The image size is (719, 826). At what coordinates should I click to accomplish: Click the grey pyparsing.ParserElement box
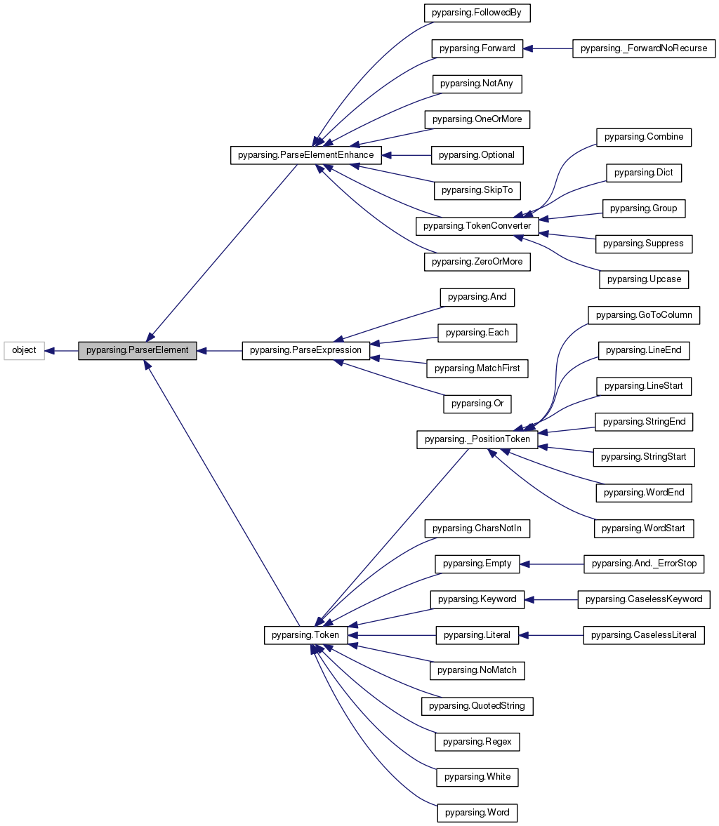tap(137, 350)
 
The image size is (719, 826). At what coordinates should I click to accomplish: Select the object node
tap(24, 350)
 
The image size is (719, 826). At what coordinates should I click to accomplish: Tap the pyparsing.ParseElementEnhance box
tap(306, 155)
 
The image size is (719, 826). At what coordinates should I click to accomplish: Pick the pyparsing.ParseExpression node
tap(305, 350)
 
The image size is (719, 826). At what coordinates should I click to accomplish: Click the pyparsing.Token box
tap(305, 635)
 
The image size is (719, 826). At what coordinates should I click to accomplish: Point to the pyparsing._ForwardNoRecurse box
tap(644, 48)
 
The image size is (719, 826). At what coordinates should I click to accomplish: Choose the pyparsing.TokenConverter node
tap(477, 227)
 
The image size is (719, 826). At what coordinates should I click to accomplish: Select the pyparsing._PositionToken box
tap(477, 440)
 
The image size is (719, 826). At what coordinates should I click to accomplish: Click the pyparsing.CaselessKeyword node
tap(644, 599)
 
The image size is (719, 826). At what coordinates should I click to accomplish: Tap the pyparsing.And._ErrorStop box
tap(644, 564)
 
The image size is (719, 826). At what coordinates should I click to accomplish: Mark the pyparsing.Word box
tap(477, 813)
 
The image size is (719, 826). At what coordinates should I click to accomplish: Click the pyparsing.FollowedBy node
tap(477, 13)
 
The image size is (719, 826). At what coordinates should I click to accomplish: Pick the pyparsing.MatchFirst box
tap(477, 368)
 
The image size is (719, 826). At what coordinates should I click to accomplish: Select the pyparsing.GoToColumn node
tap(644, 315)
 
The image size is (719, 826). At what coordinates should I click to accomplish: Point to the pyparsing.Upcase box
tap(644, 279)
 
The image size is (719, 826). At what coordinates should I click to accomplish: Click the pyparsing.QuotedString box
tap(477, 706)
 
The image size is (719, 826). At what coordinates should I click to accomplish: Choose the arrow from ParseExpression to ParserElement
tap(220, 350)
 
